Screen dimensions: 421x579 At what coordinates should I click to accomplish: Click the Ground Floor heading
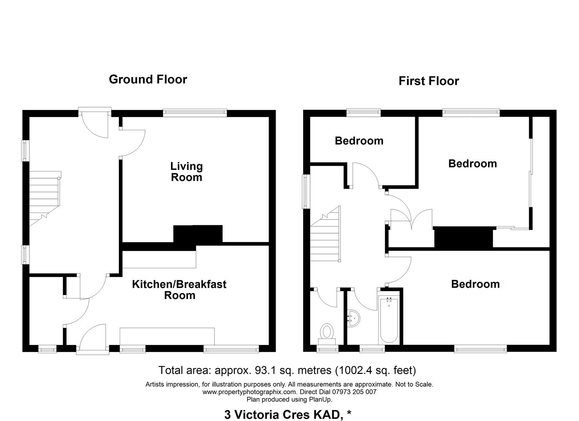148,79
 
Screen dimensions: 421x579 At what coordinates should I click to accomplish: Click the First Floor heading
428,81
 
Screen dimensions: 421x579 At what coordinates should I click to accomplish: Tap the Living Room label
186,172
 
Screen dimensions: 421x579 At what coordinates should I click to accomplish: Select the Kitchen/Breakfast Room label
179,290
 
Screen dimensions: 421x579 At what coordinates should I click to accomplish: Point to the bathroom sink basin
353,318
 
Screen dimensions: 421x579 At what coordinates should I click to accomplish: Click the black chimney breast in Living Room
198,235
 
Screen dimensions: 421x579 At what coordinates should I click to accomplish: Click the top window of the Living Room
195,113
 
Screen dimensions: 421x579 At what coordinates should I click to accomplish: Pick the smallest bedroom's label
359,141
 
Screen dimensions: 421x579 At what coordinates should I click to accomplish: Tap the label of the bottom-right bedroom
475,284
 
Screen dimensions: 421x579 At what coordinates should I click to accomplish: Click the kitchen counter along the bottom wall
167,336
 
